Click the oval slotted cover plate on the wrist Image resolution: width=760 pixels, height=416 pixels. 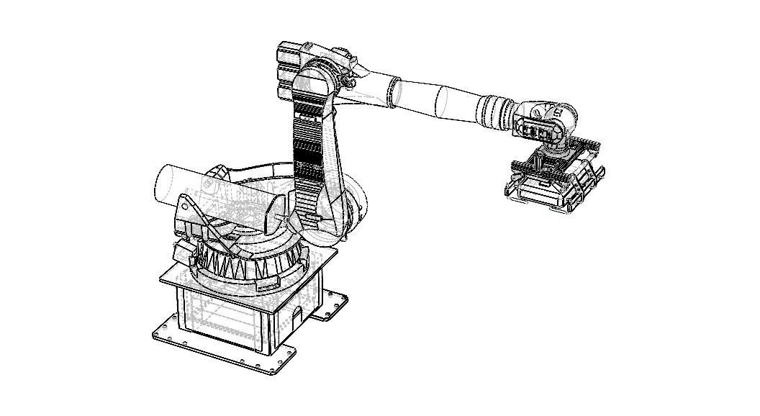(x=537, y=131)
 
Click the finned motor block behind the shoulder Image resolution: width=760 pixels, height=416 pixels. (x=288, y=70)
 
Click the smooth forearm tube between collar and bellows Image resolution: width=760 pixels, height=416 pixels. (x=446, y=101)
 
